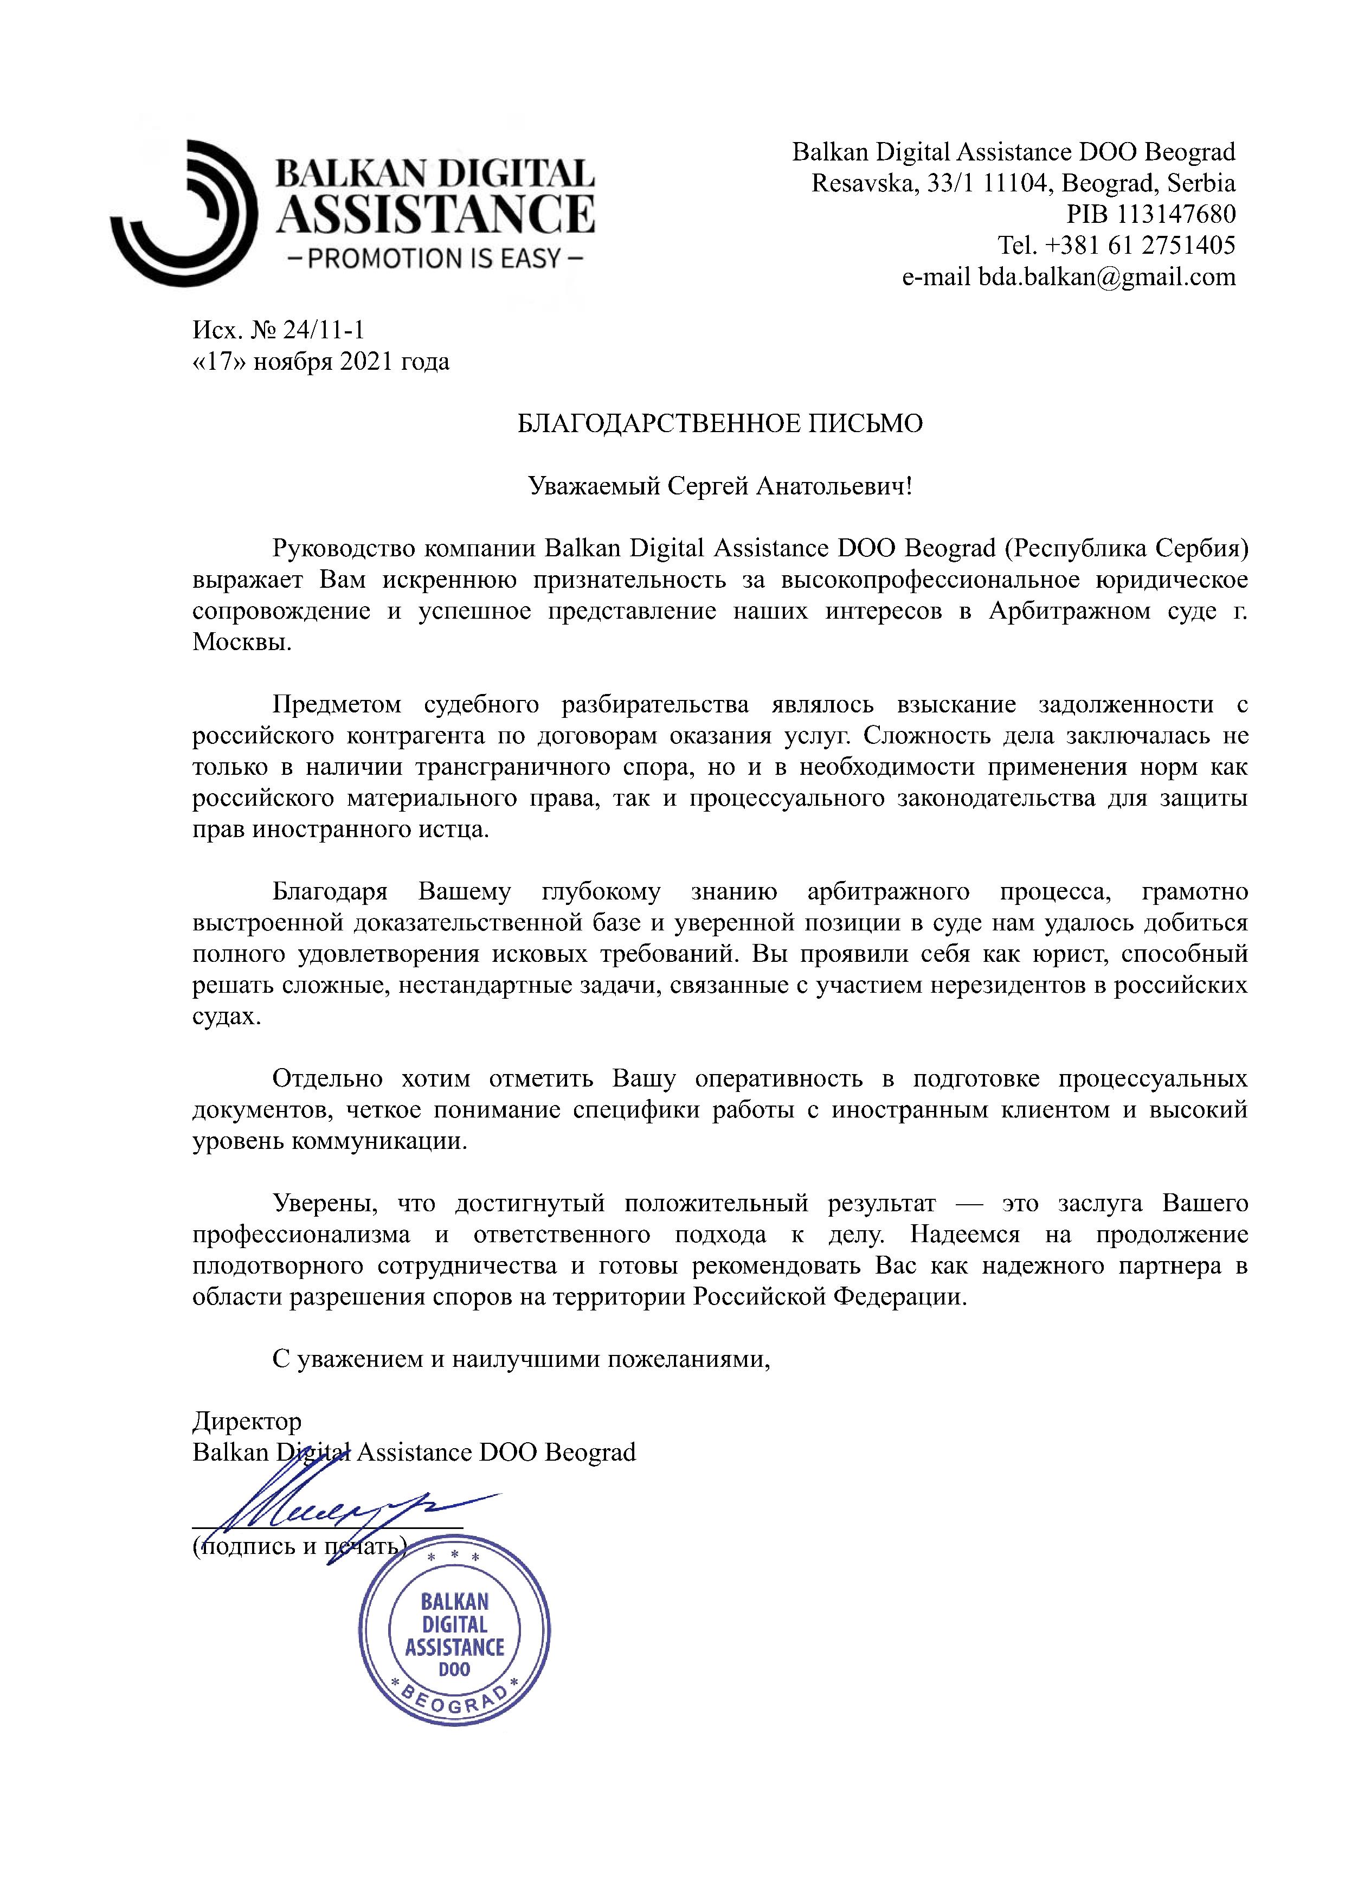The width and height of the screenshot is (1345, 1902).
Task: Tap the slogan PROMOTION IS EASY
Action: point(435,259)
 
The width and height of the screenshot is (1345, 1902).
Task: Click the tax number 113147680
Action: point(1176,215)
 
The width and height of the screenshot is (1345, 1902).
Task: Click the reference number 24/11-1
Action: point(323,331)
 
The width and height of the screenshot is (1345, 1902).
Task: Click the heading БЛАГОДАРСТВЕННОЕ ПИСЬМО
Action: point(720,424)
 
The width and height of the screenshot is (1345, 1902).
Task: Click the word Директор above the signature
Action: point(247,1422)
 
